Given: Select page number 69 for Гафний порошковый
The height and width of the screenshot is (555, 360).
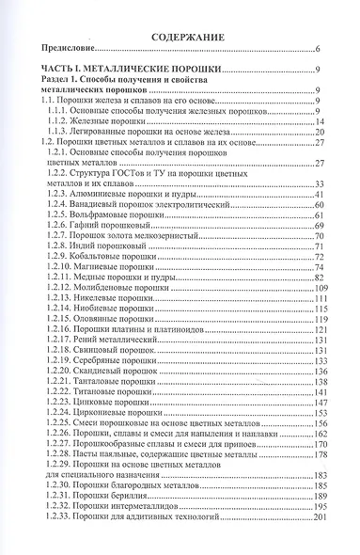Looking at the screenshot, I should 319,226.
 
